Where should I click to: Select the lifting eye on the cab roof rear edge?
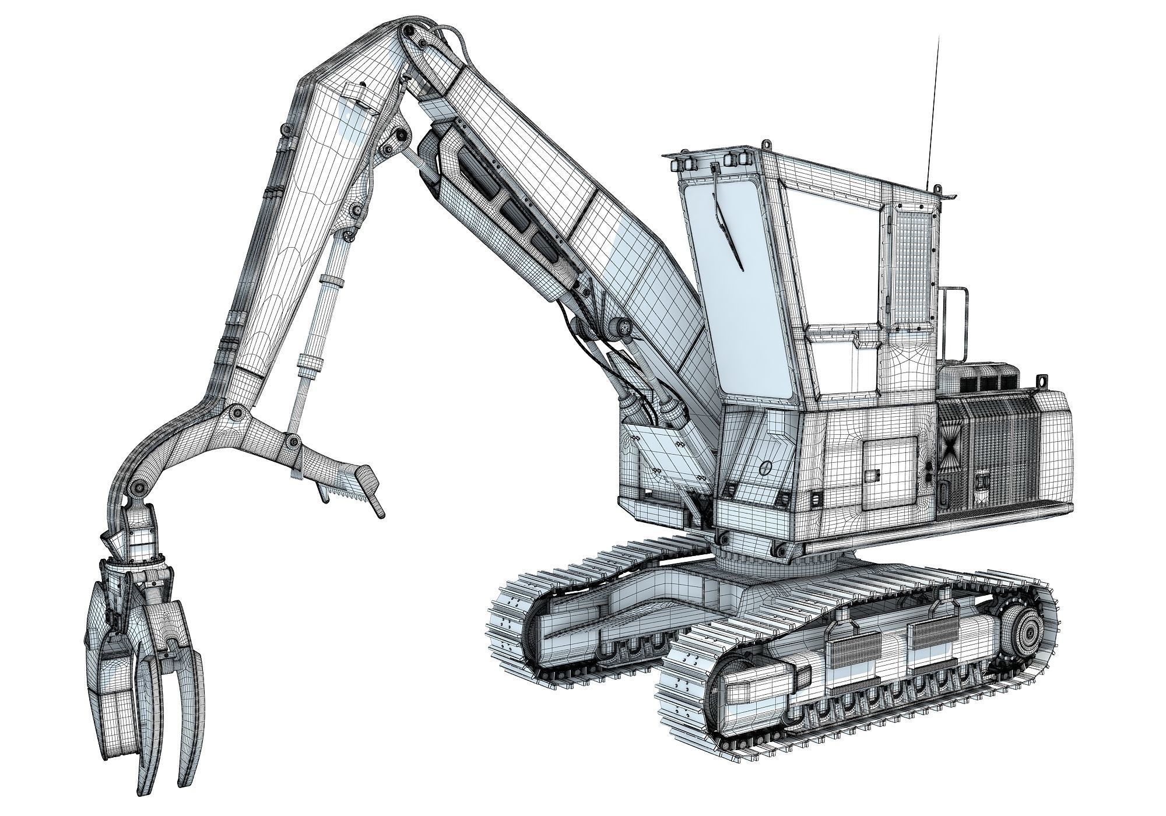[937, 188]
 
